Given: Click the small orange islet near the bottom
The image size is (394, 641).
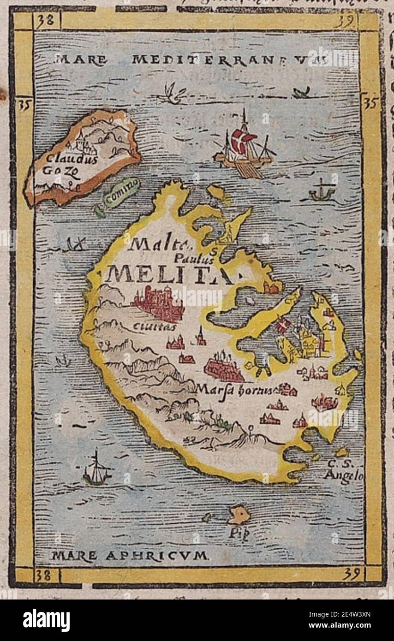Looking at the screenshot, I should pyautogui.click(x=239, y=515).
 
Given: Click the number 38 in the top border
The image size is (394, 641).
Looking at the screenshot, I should pyautogui.click(x=46, y=21).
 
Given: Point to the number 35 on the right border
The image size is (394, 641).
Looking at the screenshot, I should pyautogui.click(x=370, y=104).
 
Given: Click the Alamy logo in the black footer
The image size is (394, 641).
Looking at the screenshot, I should pyautogui.click(x=46, y=620).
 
